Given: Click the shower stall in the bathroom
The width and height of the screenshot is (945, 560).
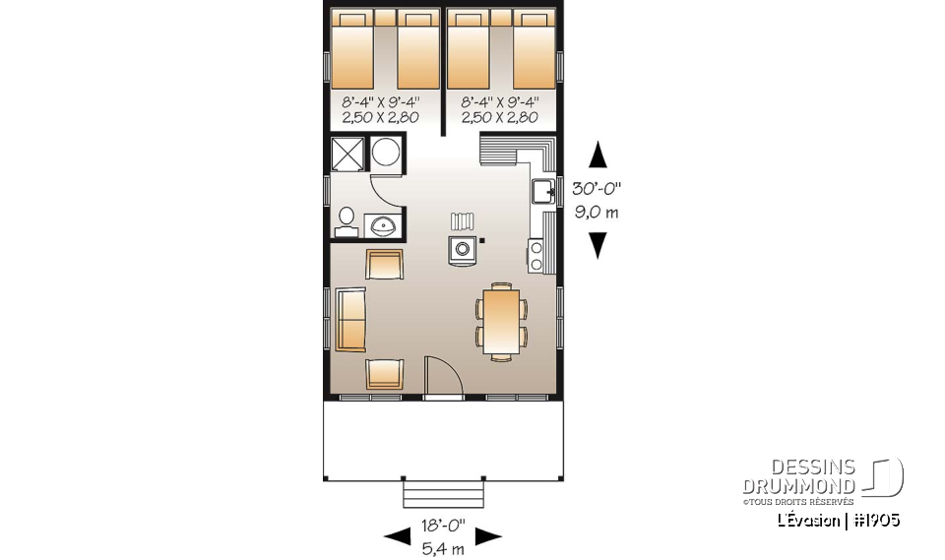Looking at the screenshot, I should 347,156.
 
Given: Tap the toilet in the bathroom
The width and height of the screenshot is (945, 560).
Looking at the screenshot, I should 346,220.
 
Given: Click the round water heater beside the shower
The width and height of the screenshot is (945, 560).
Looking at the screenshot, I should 386,156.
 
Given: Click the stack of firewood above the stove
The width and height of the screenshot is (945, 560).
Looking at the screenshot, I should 463,221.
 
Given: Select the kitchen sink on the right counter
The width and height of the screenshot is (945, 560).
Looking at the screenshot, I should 543,191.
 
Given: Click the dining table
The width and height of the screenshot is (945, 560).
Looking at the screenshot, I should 501,320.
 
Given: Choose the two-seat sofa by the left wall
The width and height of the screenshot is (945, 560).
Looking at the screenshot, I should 350,320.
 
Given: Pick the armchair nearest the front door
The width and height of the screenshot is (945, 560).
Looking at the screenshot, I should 384,375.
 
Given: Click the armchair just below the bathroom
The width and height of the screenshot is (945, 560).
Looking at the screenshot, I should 384,265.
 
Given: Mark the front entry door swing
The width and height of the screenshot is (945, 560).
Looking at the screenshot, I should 439,379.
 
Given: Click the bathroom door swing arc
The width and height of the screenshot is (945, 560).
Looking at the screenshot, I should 386,192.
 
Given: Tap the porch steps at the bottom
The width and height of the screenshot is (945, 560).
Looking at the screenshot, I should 442,491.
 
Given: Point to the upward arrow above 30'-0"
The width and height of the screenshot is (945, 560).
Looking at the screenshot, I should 597,156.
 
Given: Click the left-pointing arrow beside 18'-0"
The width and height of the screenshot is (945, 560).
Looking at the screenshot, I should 397,535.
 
